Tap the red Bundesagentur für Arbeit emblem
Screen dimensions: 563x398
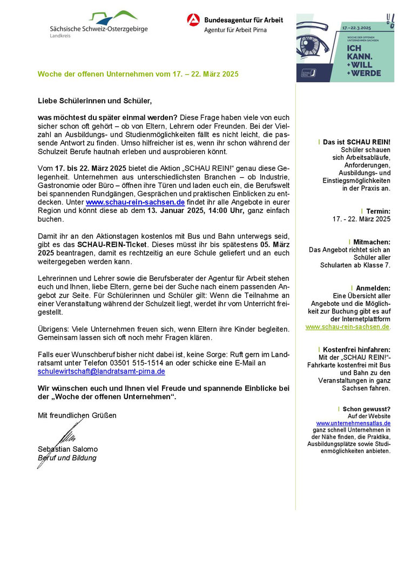tap(193, 21)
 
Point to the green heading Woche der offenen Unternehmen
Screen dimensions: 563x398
tap(138, 73)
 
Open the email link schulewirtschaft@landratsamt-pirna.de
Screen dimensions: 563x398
tap(101, 372)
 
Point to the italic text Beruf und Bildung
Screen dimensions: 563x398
tap(67, 458)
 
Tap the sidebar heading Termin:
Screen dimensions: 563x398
tap(378, 211)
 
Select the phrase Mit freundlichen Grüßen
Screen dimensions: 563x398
tap(77, 415)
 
